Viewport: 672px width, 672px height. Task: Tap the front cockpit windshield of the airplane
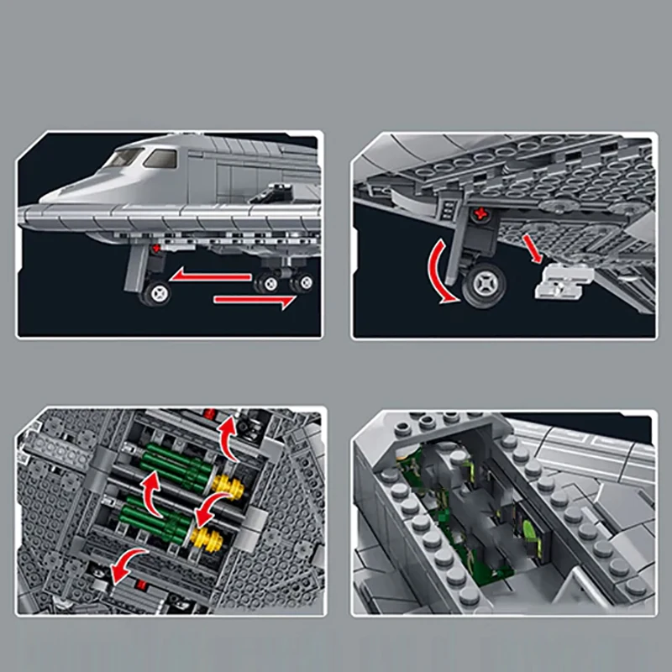pos(123,157)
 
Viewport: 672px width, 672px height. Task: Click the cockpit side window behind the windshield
pos(160,158)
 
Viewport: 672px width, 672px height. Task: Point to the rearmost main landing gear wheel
pos(302,283)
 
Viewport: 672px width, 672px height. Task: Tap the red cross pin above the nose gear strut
pos(156,249)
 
